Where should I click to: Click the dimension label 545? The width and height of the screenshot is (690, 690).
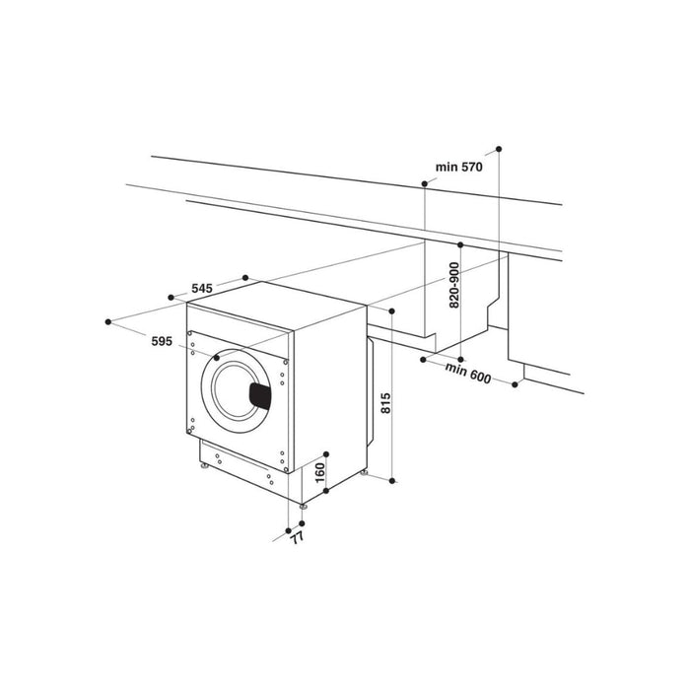(201, 289)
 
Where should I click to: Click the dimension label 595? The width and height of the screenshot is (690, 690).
(163, 341)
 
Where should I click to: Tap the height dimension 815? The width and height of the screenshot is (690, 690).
(386, 405)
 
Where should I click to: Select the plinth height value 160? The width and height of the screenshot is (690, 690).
(318, 474)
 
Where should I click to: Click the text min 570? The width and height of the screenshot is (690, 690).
(458, 168)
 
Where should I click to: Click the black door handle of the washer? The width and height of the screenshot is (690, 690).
(259, 396)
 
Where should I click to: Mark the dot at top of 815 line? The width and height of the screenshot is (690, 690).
(393, 311)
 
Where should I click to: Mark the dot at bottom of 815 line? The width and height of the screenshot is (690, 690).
(393, 480)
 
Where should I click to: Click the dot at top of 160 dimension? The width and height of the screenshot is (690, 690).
(324, 453)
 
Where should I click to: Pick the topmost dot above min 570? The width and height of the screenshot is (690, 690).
(500, 149)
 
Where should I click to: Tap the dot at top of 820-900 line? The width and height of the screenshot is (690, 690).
(459, 242)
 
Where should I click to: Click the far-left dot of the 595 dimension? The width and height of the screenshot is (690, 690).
(108, 320)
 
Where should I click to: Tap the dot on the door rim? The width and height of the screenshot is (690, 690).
(216, 358)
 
